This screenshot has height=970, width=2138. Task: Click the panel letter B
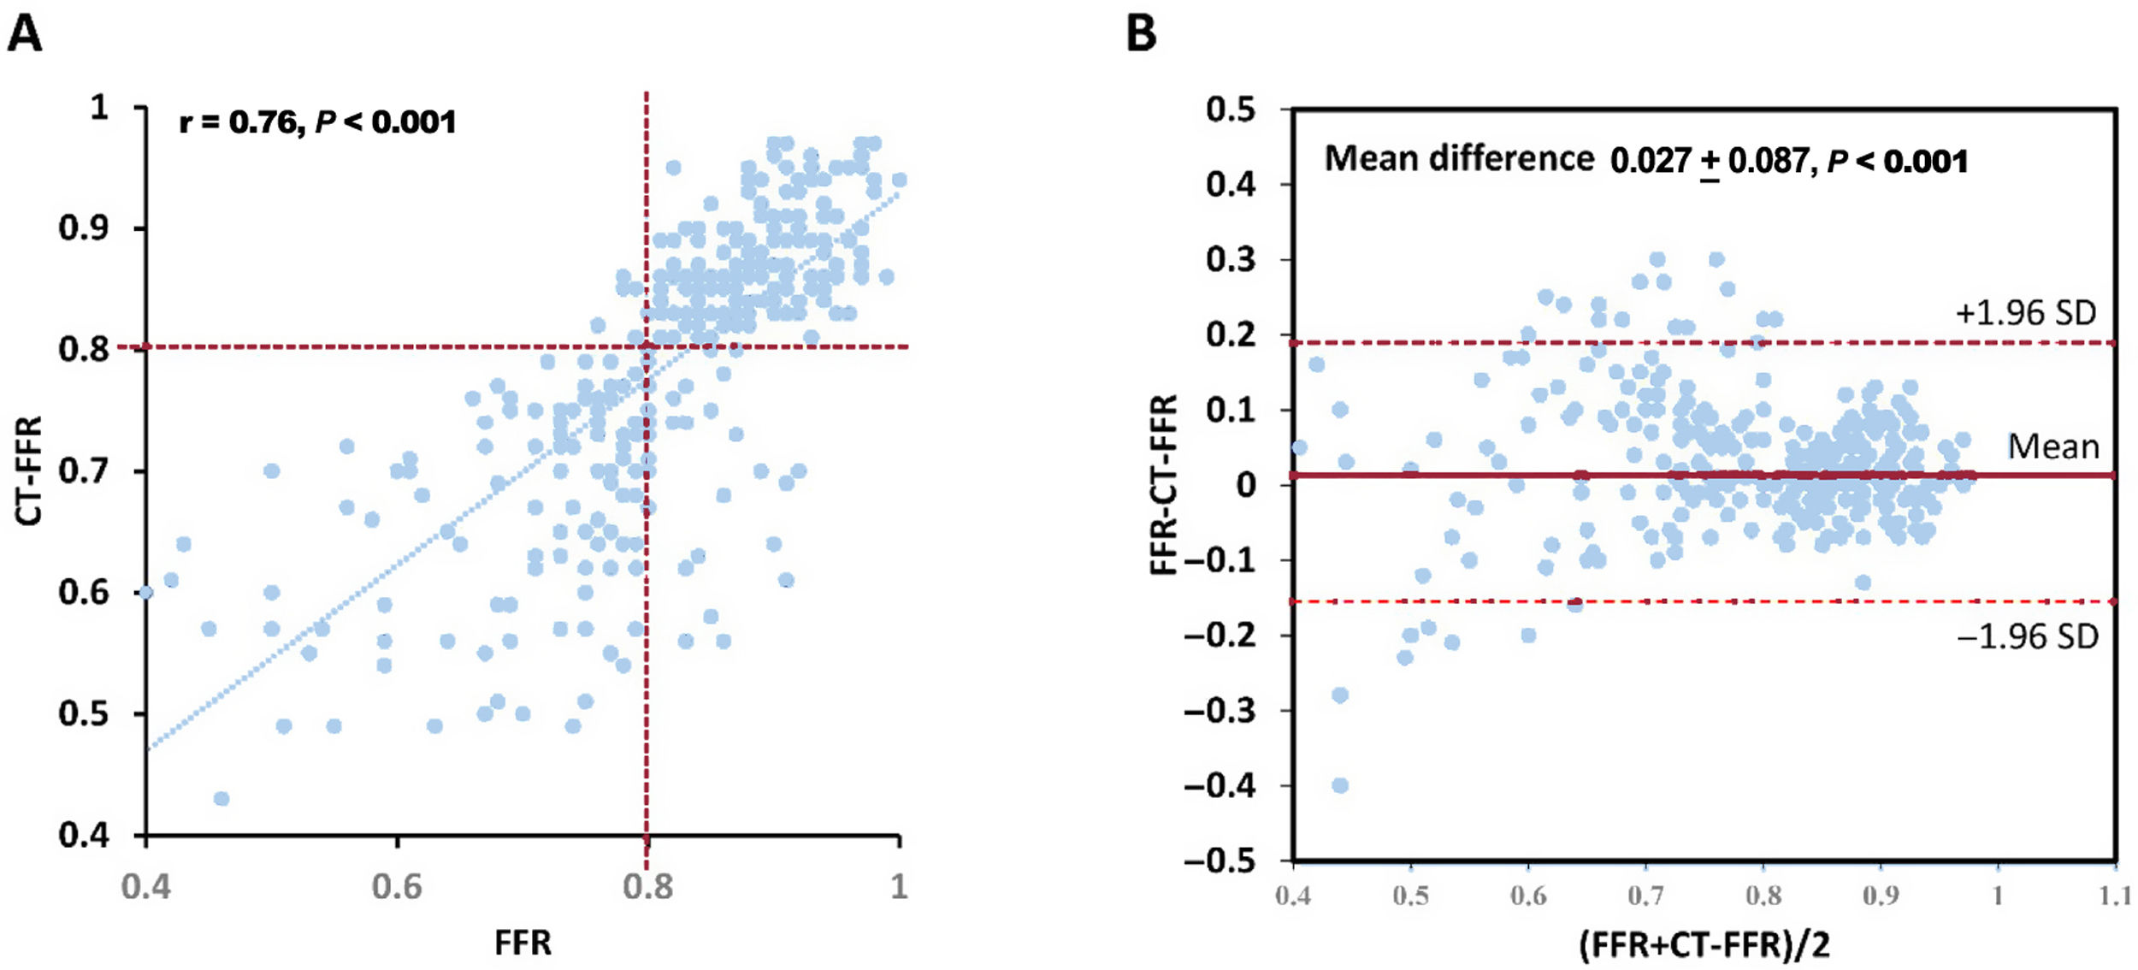(x=1141, y=34)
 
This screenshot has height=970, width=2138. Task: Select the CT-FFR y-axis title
(x=29, y=470)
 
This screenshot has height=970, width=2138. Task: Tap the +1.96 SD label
(x=2026, y=313)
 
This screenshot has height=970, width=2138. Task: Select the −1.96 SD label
(x=2027, y=637)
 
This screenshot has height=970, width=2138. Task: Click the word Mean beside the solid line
(x=2052, y=447)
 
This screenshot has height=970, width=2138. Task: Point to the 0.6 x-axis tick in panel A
(x=397, y=887)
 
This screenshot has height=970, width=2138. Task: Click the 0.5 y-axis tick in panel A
(x=84, y=713)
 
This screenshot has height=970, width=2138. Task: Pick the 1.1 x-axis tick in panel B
(x=2113, y=896)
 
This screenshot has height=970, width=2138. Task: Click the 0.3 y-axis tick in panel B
(x=1231, y=259)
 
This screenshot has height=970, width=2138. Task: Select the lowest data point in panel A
(x=221, y=799)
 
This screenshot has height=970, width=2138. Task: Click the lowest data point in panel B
(x=1340, y=785)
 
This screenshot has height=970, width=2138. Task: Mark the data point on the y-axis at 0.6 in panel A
(x=146, y=592)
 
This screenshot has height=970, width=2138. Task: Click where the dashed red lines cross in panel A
(x=647, y=346)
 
